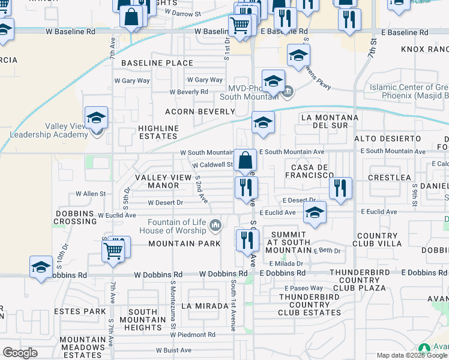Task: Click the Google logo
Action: point(20,352)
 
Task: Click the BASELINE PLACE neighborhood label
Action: point(157,63)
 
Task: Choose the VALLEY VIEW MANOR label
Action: point(157,182)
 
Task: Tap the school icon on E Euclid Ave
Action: point(315,213)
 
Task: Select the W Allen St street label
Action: point(90,194)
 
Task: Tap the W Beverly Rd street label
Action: point(188,92)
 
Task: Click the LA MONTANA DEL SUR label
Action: point(324,121)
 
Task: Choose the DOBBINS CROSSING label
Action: point(76,217)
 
